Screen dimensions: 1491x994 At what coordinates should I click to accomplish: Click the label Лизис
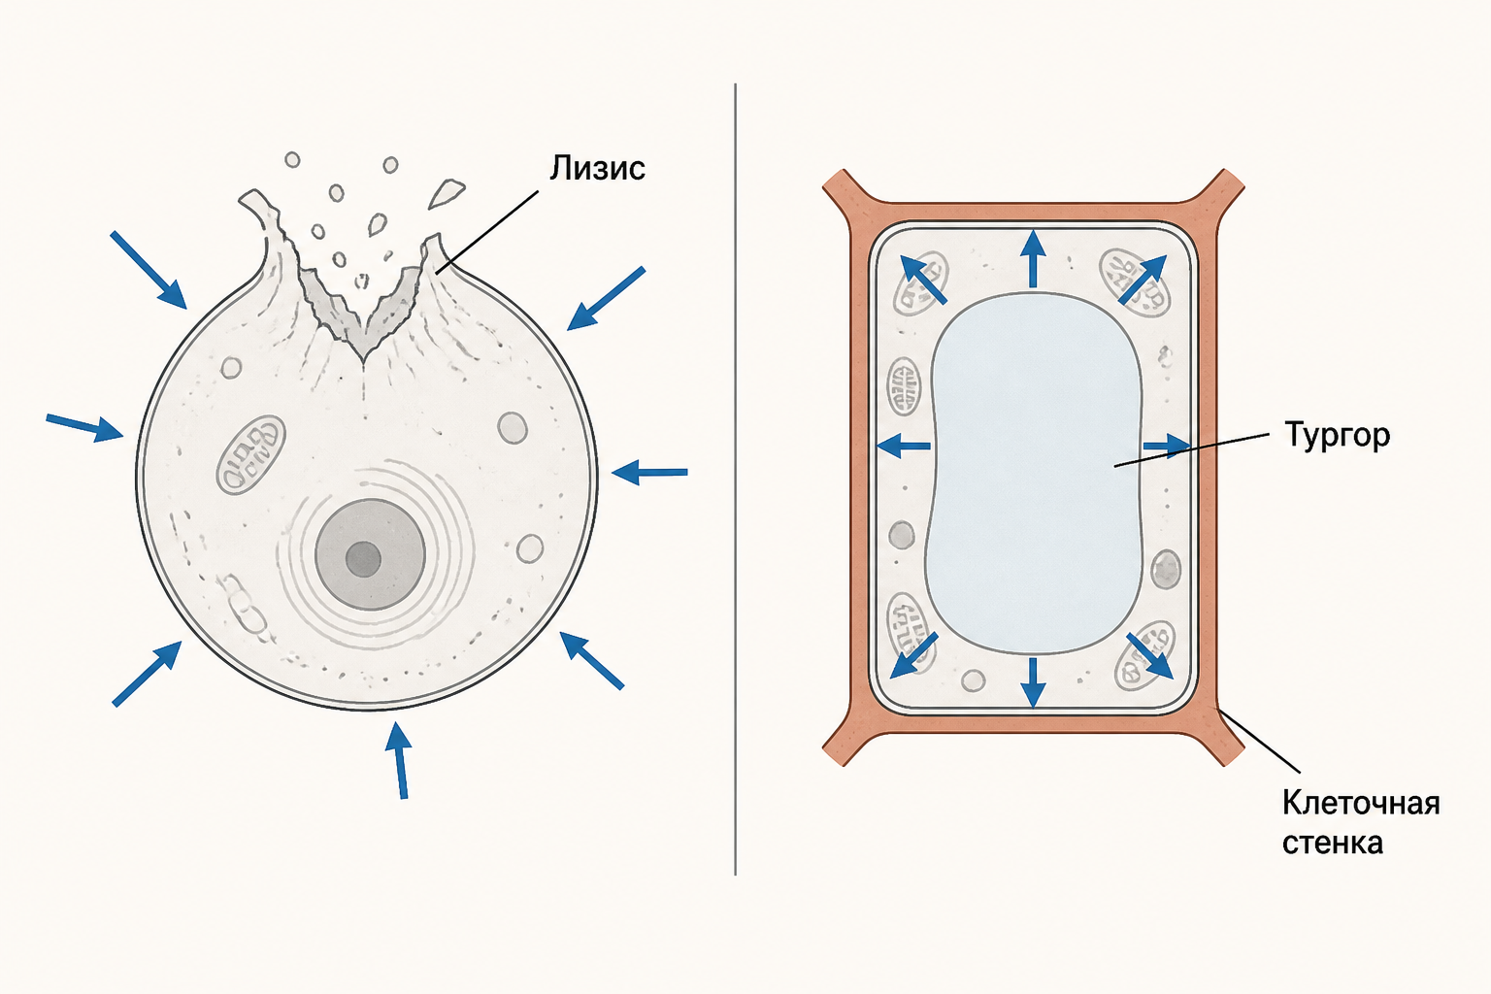click(x=597, y=168)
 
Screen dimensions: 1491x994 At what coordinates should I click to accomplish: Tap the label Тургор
click(x=1338, y=436)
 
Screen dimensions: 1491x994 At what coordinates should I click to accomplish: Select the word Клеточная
click(x=1361, y=804)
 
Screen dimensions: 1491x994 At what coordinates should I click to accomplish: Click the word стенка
click(x=1333, y=843)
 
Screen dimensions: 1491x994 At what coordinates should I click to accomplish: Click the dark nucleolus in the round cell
click(x=363, y=558)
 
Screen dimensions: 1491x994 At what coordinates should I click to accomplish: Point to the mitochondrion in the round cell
click(x=251, y=455)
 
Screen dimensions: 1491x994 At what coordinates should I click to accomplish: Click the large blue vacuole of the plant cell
click(x=1034, y=473)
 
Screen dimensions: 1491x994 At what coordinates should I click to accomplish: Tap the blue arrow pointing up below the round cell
click(x=398, y=760)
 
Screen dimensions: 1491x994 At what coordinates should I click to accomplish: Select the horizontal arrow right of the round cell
click(x=649, y=473)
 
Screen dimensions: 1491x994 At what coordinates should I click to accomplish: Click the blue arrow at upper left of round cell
click(x=149, y=270)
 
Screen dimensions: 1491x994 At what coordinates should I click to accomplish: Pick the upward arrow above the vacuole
click(x=1033, y=258)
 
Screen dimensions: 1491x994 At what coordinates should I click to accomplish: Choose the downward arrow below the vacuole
click(x=1033, y=681)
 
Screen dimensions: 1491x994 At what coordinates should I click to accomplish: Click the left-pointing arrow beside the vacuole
click(x=904, y=446)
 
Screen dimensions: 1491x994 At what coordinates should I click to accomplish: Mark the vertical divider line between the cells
click(x=735, y=479)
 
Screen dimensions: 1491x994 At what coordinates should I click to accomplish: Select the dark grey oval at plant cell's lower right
click(x=1166, y=569)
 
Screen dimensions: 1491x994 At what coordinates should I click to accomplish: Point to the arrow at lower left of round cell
click(x=148, y=673)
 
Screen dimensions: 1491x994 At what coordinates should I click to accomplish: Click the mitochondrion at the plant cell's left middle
click(x=904, y=386)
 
